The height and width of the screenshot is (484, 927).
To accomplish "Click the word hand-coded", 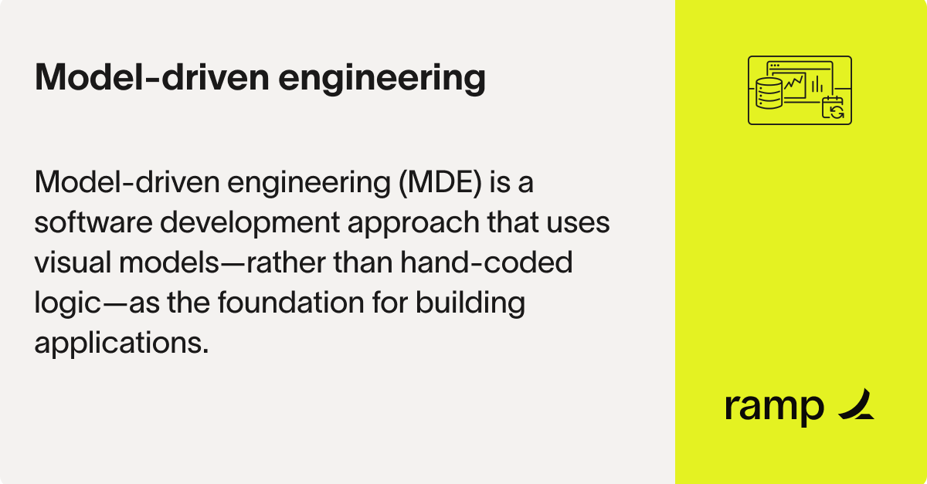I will click(486, 263).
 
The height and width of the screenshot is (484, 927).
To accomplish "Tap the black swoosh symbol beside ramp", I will click(856, 404).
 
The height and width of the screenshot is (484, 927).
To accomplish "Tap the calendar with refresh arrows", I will click(834, 108).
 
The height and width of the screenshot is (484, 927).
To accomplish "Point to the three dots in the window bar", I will click(774, 65).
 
